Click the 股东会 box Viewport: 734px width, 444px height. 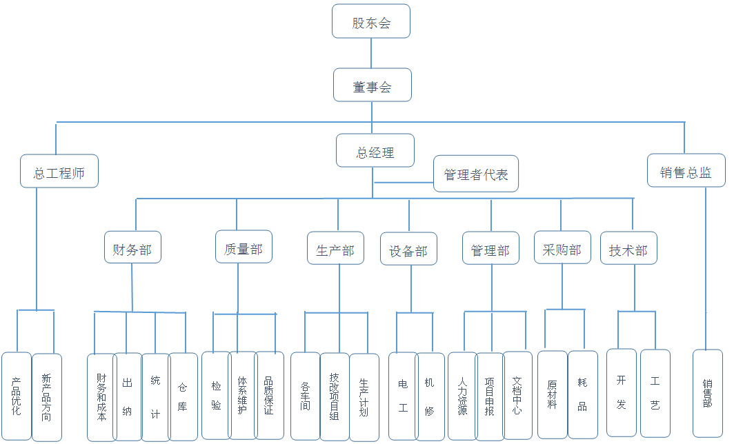point(371,21)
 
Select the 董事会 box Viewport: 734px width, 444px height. point(372,85)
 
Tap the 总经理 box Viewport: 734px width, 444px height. point(375,150)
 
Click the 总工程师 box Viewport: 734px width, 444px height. point(59,171)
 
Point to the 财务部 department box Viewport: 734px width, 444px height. point(132,247)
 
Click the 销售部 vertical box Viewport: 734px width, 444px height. point(708,393)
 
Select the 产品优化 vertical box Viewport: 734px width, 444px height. point(17,396)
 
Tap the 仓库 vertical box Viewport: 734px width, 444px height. point(183,396)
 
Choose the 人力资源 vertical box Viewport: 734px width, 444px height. point(462,396)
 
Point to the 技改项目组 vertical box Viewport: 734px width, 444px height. point(335,396)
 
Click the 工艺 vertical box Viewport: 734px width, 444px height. point(655,393)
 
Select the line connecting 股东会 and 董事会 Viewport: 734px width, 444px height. point(371,53)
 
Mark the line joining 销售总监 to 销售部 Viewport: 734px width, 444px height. point(706,269)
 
